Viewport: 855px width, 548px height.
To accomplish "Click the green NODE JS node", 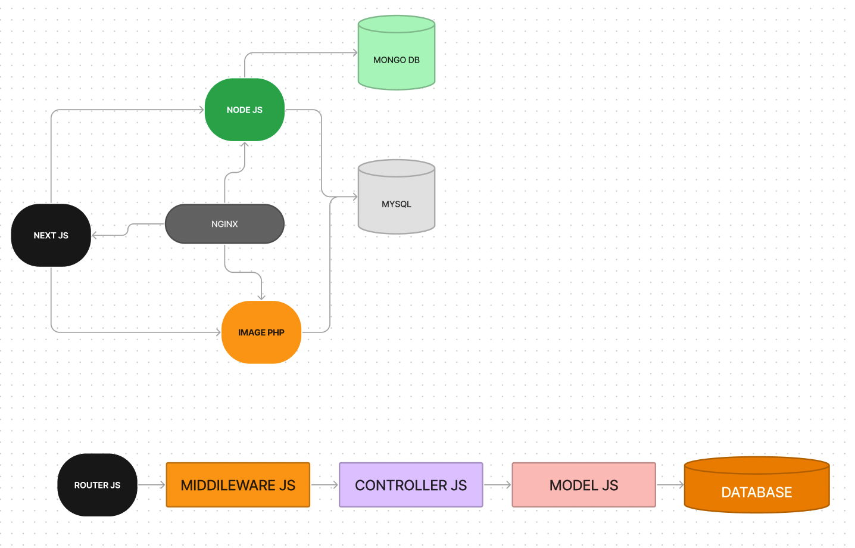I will coord(244,110).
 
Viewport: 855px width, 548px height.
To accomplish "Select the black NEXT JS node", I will coord(51,235).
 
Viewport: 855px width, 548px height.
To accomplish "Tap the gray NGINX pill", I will coord(224,224).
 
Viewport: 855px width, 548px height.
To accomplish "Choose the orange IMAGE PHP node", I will coord(261,332).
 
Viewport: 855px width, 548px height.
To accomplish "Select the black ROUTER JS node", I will coord(97,485).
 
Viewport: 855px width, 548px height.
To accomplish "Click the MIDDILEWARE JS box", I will coord(238,485).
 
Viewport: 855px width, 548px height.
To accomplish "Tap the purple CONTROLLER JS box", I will coord(411,485).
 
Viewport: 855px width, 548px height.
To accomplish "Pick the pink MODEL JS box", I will coord(583,485).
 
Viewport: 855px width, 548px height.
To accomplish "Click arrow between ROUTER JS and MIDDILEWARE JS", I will coord(152,485).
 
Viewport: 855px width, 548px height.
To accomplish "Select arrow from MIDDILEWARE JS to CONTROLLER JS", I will coord(324,485).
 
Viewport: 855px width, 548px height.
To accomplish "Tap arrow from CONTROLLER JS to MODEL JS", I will coord(497,485).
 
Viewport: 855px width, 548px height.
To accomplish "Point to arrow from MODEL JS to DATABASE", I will coord(670,485).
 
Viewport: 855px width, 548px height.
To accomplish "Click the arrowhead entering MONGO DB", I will coord(354,52).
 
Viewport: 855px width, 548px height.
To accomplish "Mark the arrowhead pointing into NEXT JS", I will coord(95,235).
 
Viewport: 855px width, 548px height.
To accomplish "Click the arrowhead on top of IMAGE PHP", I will coord(261,297).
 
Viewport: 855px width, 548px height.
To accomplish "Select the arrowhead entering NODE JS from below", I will coord(244,145).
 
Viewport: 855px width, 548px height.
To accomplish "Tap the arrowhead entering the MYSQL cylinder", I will coord(354,197).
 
